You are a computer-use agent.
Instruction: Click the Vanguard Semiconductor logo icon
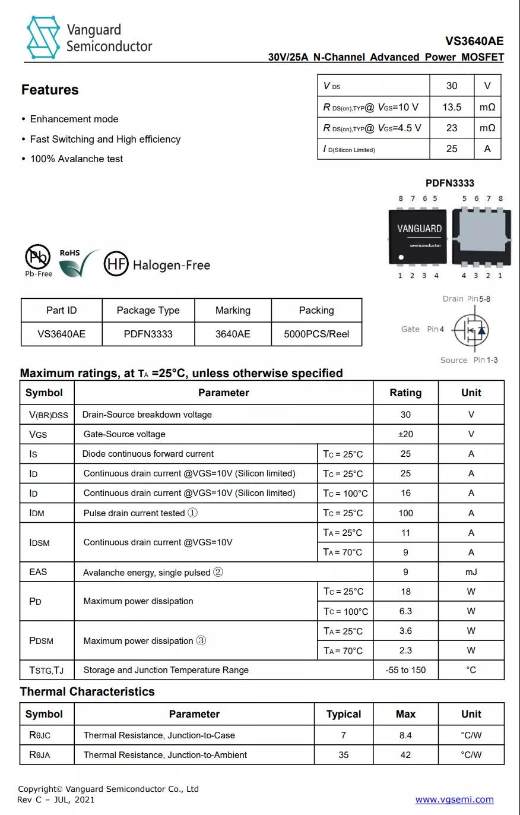click(x=43, y=37)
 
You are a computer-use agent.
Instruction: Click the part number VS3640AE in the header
click(x=474, y=41)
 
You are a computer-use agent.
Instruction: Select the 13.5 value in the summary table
click(x=452, y=107)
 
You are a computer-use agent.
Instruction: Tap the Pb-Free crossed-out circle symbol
click(x=37, y=257)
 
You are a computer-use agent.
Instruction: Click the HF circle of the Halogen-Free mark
click(x=116, y=263)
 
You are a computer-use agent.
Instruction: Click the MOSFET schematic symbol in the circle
click(x=471, y=329)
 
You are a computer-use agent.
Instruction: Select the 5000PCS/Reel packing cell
click(x=316, y=334)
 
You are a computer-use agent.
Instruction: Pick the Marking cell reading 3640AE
click(x=233, y=334)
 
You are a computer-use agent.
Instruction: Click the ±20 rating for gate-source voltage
click(x=405, y=434)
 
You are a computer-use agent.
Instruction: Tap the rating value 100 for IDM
click(x=405, y=513)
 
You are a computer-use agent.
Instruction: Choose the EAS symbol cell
click(x=38, y=572)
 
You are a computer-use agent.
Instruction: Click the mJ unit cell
click(x=471, y=572)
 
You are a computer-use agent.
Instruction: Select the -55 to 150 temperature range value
click(x=405, y=670)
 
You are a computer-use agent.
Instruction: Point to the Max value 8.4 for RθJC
click(x=405, y=735)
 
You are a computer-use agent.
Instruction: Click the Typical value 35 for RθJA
click(x=343, y=755)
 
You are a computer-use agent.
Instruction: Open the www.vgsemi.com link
click(x=454, y=800)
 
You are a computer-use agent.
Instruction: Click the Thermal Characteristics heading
click(x=87, y=691)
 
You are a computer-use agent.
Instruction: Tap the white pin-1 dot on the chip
click(x=401, y=257)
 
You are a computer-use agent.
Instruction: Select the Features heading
click(x=50, y=90)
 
